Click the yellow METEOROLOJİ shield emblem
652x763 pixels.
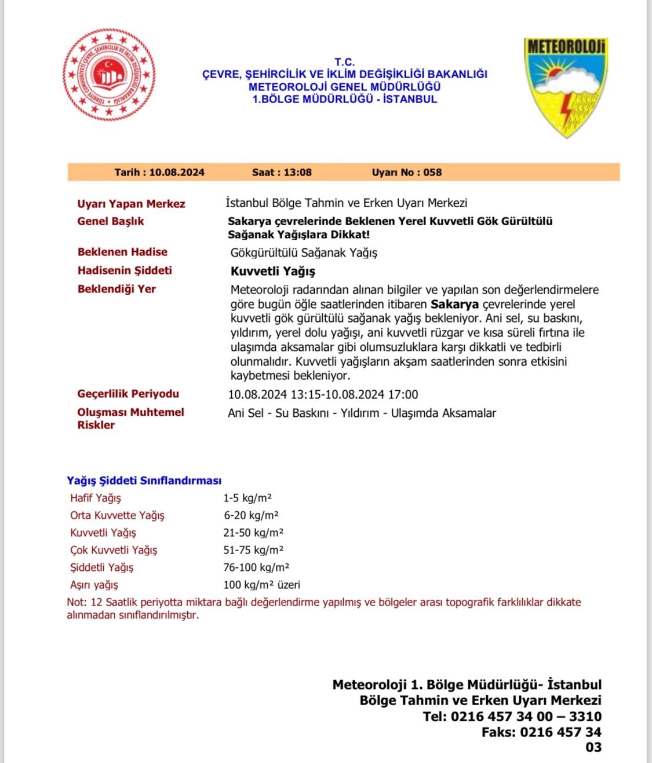click(566, 87)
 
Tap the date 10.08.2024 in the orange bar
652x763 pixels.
click(177, 173)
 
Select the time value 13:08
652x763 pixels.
click(298, 173)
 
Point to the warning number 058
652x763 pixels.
click(432, 173)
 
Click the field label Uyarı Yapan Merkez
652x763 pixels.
click(131, 204)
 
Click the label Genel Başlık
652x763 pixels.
click(111, 221)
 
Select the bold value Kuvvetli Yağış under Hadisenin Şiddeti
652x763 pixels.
click(273, 272)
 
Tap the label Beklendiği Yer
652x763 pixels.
click(116, 289)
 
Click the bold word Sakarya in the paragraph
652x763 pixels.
click(454, 305)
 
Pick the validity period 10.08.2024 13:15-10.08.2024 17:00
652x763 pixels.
click(323, 395)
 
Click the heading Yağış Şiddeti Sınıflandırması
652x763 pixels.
click(144, 480)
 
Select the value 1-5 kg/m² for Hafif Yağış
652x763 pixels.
click(247, 498)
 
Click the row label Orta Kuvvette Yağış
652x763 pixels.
click(117, 515)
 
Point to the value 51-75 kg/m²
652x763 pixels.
click(253, 550)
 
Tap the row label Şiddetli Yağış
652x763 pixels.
click(101, 567)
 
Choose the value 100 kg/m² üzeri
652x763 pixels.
click(261, 585)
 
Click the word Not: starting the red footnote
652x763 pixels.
click(77, 602)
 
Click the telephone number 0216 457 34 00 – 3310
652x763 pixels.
click(526, 717)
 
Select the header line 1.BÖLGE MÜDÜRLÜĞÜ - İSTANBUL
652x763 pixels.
click(344, 99)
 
